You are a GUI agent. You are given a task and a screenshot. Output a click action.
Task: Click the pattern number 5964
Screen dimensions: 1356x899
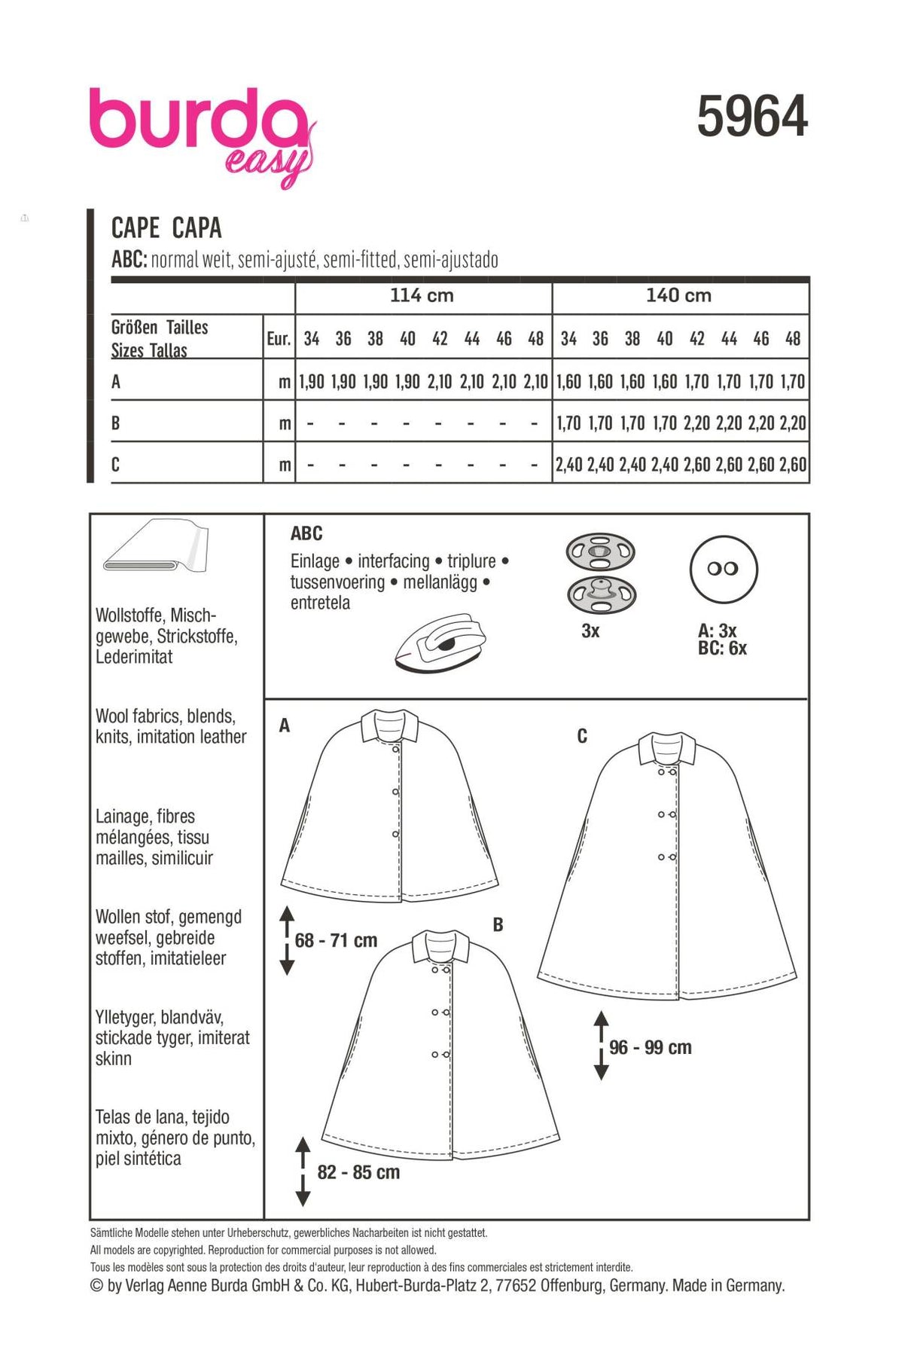point(751,118)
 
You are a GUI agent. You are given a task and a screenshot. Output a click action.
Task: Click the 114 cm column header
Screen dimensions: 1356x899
point(422,295)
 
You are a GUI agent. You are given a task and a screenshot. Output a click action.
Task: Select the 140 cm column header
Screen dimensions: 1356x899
point(678,295)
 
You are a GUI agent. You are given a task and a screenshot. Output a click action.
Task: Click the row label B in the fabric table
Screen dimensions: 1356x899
point(115,423)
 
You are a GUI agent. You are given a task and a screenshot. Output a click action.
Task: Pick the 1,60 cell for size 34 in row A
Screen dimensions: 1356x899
point(568,382)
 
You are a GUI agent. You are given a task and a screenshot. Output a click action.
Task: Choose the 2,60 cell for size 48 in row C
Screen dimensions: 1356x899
point(793,464)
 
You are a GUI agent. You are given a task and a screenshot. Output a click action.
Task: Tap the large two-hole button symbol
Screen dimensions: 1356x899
point(723,570)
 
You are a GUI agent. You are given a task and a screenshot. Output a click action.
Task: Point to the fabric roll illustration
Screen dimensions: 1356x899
point(157,545)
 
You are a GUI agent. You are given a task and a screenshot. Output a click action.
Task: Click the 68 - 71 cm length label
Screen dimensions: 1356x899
point(336,940)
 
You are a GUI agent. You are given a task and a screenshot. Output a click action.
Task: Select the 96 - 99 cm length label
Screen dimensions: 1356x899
point(650,1047)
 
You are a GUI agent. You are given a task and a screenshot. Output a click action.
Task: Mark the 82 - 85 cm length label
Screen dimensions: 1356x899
point(358,1172)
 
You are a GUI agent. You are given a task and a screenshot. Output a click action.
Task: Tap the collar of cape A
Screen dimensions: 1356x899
point(390,725)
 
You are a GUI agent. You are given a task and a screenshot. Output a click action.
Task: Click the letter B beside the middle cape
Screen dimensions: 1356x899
point(498,924)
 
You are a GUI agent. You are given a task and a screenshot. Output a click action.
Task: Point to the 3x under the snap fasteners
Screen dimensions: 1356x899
point(590,631)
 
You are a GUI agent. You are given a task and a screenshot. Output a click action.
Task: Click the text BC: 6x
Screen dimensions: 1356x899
point(722,649)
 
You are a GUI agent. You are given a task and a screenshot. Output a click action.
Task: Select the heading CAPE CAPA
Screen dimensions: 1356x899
point(166,228)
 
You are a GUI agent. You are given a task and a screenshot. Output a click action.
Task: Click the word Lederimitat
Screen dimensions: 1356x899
point(134,657)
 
